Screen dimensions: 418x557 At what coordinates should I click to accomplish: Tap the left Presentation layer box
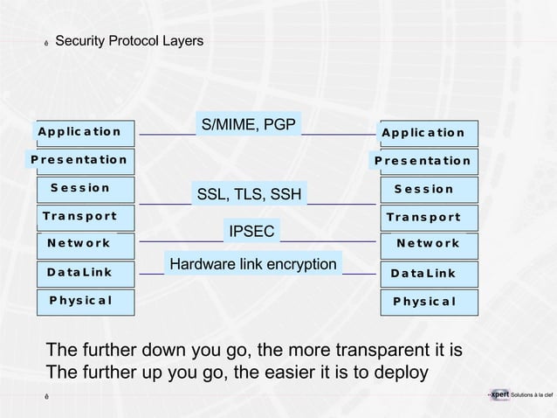coord(79,160)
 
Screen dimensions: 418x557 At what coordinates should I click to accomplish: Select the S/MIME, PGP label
coord(249,125)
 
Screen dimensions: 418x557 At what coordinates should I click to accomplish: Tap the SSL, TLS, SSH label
coord(249,194)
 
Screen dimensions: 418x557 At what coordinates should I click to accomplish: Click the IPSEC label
coord(251,231)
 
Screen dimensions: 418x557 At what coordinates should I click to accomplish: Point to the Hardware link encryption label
coord(253,264)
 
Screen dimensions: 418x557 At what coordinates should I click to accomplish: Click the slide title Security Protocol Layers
coord(128,41)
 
